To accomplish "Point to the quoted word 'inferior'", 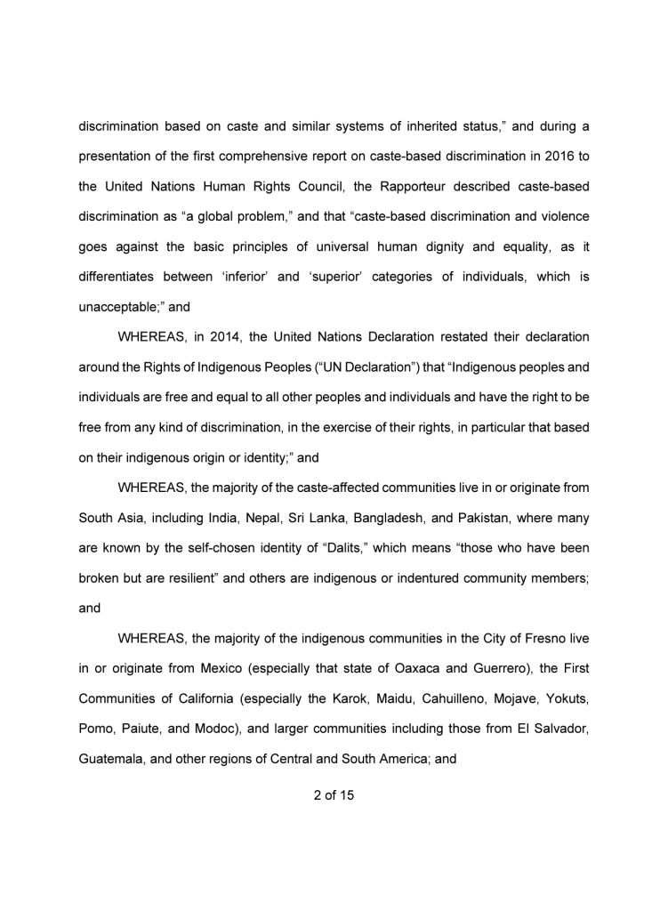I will (242, 277).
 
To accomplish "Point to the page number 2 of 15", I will (334, 795).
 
